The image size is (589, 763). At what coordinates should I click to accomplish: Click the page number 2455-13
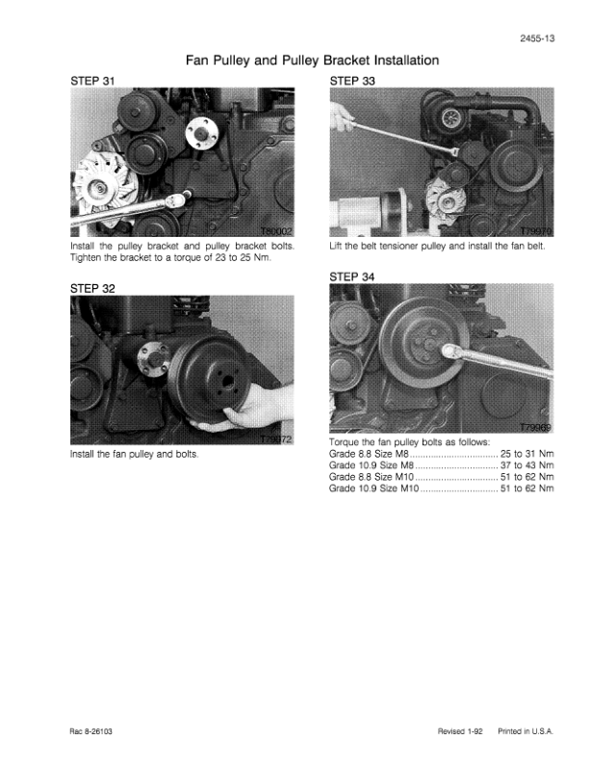[x=537, y=39]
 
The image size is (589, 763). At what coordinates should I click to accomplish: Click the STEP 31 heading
[x=92, y=81]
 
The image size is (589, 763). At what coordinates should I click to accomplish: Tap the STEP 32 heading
[x=92, y=289]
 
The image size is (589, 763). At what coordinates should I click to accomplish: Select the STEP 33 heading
[x=352, y=81]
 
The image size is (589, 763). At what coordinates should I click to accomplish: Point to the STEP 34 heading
[x=352, y=276]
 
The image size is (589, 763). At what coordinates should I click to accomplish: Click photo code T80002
[x=276, y=231]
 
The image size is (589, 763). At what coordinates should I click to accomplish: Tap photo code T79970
[x=536, y=231]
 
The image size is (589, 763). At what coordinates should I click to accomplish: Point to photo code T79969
[x=535, y=427]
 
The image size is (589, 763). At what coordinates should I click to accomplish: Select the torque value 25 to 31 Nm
[x=526, y=454]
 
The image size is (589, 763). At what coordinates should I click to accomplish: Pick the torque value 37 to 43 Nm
[x=526, y=465]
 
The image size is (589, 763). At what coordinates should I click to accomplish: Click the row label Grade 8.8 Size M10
[x=371, y=478]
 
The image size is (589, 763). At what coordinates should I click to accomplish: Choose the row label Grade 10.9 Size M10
[x=373, y=488]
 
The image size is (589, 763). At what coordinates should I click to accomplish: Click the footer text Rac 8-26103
[x=91, y=731]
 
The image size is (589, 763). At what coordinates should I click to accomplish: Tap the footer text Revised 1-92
[x=460, y=731]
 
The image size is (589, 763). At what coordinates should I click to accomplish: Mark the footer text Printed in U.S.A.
[x=525, y=731]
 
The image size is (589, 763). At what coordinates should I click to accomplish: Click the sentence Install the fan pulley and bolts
[x=135, y=455]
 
